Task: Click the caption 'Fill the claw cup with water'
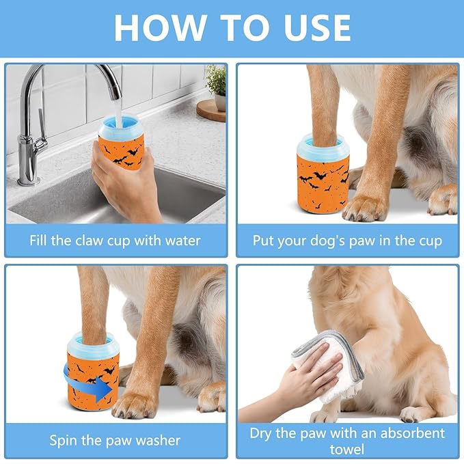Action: (115, 241)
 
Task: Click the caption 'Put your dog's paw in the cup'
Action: (347, 241)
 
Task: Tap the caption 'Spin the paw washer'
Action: (115, 440)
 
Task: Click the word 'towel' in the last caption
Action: (347, 450)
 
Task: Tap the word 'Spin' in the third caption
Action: (64, 440)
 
